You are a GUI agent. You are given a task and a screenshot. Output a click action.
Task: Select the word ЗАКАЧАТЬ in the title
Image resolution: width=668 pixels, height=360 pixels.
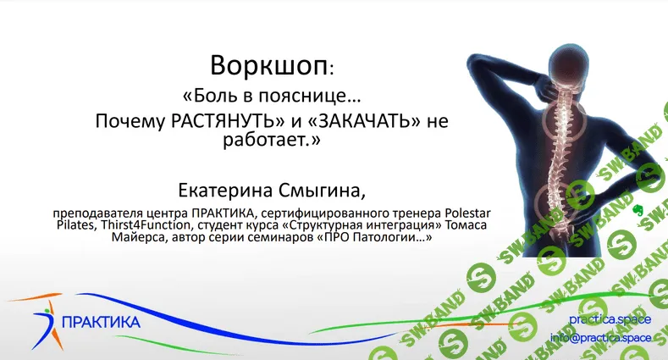[359, 120]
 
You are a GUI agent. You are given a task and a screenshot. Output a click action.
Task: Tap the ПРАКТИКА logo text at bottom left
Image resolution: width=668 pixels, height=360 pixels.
[102, 322]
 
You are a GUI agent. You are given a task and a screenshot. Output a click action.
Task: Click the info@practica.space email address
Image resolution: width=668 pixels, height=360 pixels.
[600, 337]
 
